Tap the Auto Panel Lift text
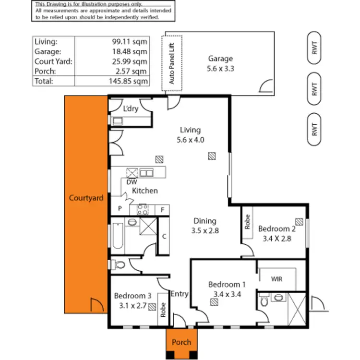click(x=172, y=63)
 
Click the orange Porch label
click(x=181, y=342)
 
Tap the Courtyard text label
click(x=86, y=198)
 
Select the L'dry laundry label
click(x=131, y=109)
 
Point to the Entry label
click(x=180, y=294)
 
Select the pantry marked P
click(x=120, y=209)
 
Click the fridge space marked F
click(x=162, y=209)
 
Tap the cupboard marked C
click(x=164, y=236)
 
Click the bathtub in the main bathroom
click(x=118, y=237)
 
